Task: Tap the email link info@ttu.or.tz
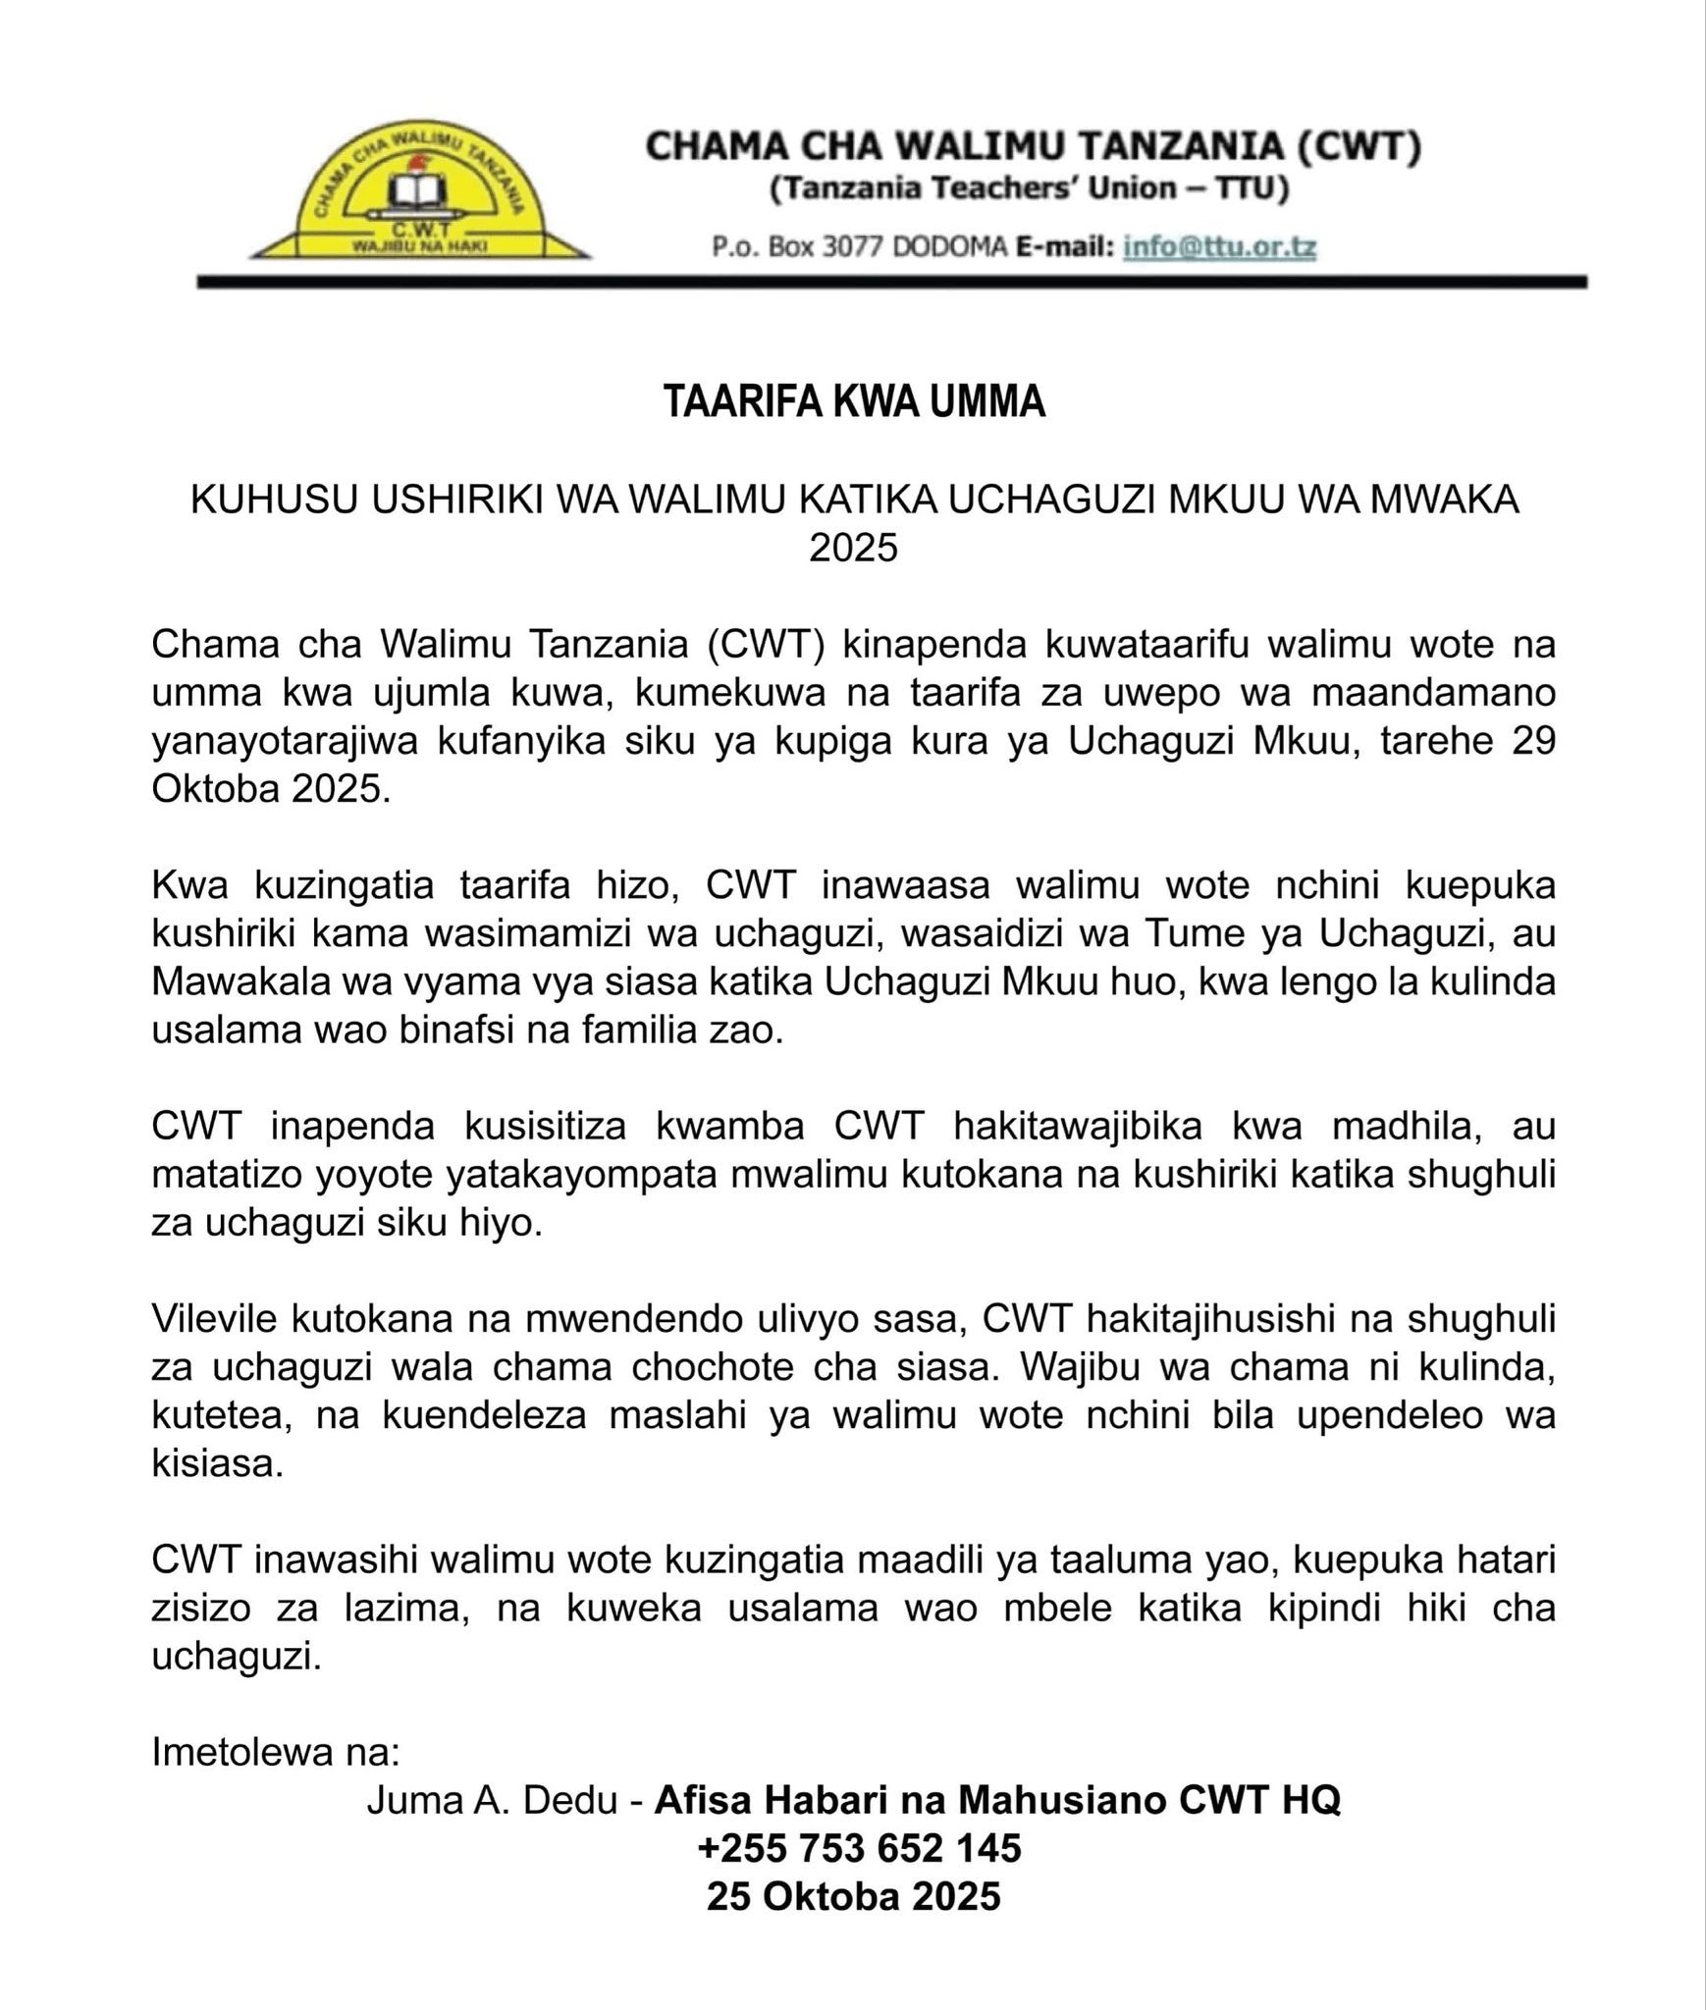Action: (x=1219, y=246)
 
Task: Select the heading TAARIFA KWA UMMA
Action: (x=854, y=401)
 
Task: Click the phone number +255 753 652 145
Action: (x=859, y=1848)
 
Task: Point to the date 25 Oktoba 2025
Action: (x=853, y=1896)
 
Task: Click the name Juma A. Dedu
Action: (x=492, y=1800)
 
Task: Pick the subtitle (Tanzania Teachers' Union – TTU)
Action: (x=1029, y=188)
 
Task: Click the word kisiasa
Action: (x=217, y=1463)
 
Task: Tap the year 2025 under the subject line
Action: (x=853, y=548)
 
